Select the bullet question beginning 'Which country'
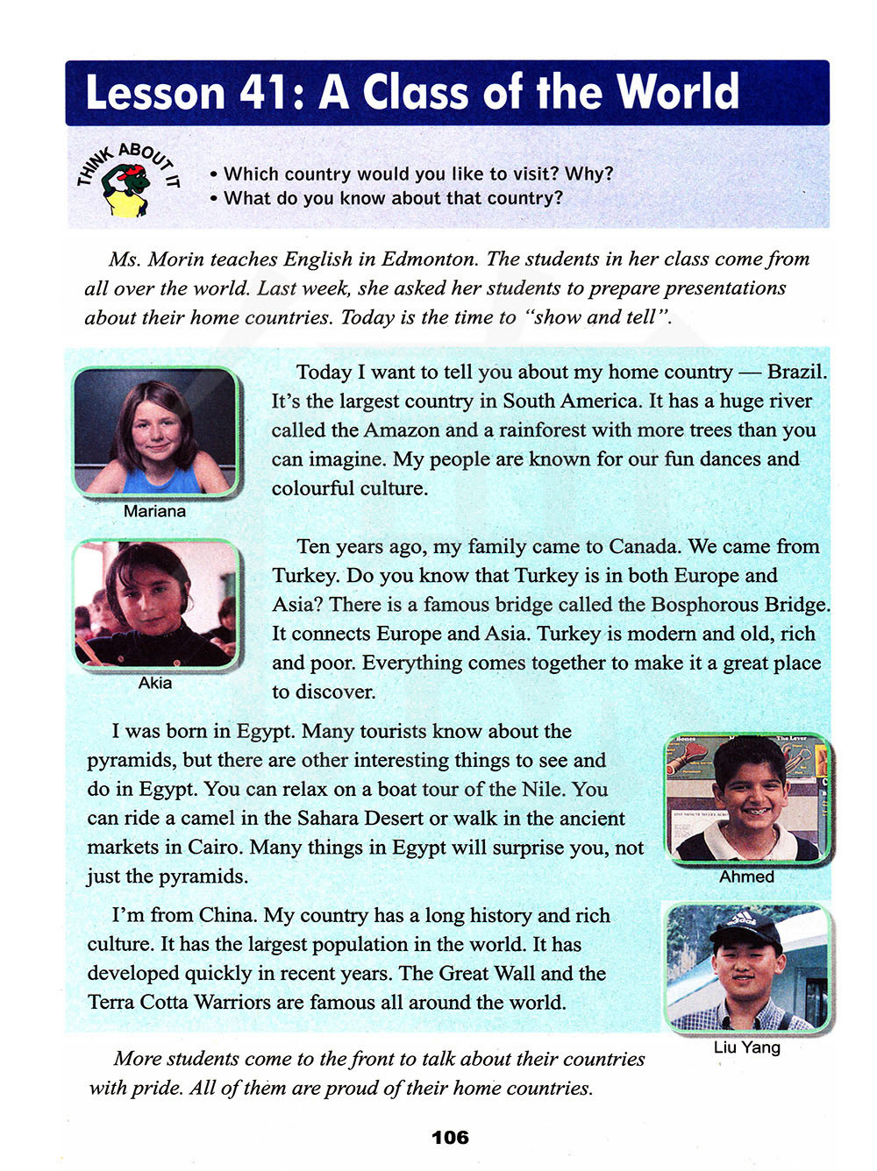[x=418, y=174]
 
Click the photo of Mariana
[x=155, y=432]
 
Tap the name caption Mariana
[x=154, y=511]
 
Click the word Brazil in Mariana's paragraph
[x=795, y=372]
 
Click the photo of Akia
[x=155, y=605]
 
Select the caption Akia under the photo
[x=155, y=683]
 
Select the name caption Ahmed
[x=746, y=876]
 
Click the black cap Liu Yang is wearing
[x=746, y=930]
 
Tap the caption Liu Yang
[x=746, y=1047]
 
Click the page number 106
[x=450, y=1138]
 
